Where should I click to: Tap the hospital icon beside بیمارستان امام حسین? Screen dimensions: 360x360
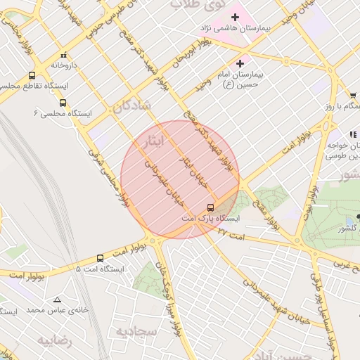point(240,63)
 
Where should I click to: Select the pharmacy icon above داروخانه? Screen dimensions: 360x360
point(64,54)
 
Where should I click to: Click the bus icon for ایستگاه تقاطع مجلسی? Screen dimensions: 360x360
point(32,75)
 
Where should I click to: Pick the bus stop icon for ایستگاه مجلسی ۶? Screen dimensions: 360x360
point(63,103)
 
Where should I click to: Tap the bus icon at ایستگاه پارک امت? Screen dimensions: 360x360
point(210,207)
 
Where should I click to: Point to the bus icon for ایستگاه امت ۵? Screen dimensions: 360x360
point(100,258)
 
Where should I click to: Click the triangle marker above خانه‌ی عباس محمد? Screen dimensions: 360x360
point(58,299)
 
